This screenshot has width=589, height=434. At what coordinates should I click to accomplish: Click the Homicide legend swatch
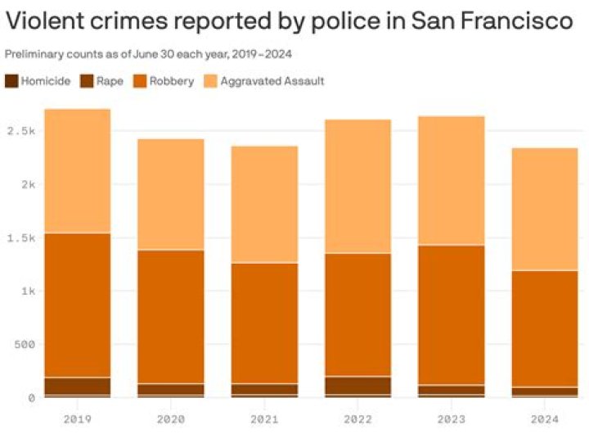point(11,81)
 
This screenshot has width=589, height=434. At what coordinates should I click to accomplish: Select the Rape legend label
point(110,81)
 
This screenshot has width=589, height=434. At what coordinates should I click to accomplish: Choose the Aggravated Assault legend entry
point(273,81)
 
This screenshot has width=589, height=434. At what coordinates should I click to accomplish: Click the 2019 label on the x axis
point(77,418)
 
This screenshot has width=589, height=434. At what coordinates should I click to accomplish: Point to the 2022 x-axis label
point(357,418)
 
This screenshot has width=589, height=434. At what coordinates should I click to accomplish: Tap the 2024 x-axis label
point(544,418)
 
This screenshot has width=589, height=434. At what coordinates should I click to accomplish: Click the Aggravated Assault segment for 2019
point(77,171)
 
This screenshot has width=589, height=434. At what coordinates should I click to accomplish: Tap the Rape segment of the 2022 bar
point(357,386)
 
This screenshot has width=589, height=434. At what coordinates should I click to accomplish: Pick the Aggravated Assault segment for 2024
point(544,209)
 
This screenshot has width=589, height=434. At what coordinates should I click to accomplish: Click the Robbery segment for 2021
point(263,323)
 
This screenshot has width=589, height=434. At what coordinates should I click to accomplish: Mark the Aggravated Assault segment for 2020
point(170,194)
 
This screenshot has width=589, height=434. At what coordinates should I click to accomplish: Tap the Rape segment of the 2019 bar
point(77,386)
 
